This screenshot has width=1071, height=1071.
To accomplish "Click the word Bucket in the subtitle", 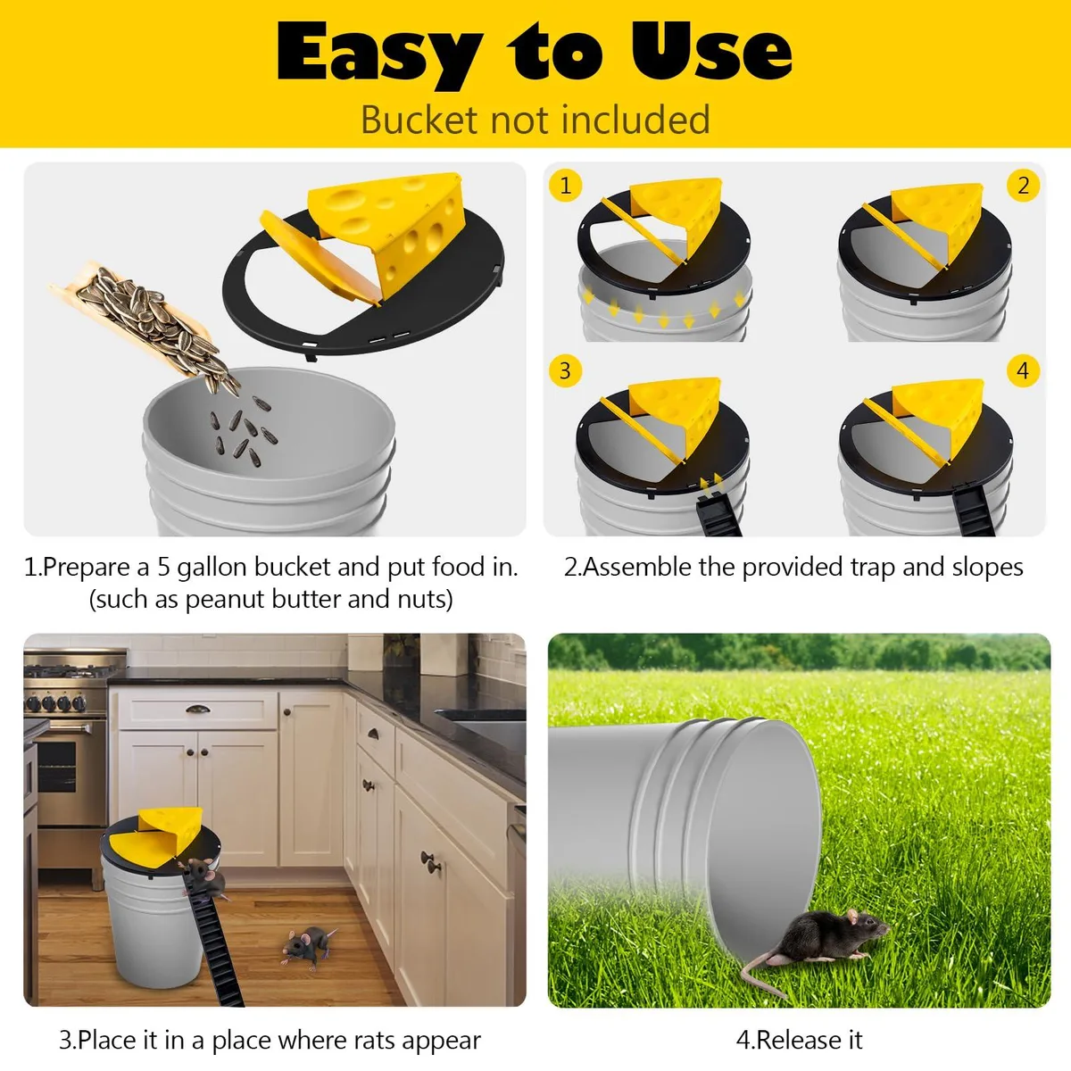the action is tap(419, 120).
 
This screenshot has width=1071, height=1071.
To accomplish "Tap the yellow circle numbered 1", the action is tap(565, 185).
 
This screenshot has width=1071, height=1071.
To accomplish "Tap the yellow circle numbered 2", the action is tap(1023, 185).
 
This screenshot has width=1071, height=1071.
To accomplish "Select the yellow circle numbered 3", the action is tap(565, 370).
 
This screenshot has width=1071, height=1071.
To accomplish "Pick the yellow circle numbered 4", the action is tap(1023, 370).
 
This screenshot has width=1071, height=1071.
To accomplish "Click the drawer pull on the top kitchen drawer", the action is tap(198, 709).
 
